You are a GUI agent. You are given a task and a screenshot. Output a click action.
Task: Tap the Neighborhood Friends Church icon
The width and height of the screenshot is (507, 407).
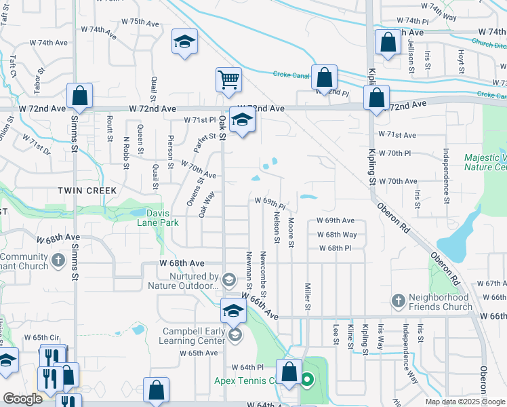399,300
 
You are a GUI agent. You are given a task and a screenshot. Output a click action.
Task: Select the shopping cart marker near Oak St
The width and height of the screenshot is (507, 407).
228,79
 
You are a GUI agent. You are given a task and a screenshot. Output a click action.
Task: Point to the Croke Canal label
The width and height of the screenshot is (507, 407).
291,75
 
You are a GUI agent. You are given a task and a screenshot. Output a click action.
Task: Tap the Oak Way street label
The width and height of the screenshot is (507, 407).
207,203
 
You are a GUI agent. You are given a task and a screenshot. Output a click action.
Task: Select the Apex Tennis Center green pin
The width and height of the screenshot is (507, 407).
307,380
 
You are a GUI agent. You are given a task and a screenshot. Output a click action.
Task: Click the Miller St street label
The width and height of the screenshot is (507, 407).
307,297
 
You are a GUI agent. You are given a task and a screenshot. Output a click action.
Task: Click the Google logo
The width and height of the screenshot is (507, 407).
22,398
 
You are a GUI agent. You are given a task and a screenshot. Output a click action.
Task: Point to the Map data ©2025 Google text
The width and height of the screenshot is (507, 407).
466,402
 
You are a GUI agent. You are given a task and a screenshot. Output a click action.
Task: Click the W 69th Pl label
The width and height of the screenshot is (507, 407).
270,201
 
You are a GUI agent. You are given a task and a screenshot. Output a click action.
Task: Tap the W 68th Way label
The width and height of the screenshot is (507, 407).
338,235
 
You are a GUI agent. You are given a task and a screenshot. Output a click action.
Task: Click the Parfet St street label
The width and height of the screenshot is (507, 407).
199,144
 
